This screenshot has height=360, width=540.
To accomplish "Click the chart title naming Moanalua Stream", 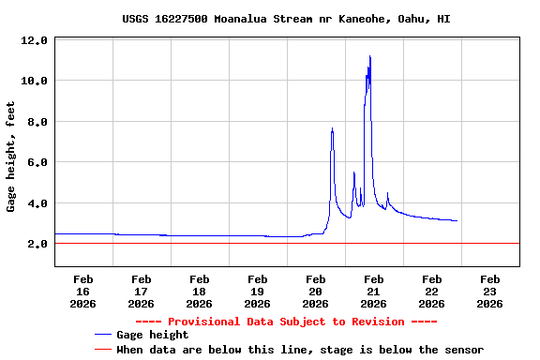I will pos(286,19).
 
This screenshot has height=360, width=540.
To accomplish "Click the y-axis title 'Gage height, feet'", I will pos(11,157).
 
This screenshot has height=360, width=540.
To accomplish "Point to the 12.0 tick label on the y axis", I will pos(35,40).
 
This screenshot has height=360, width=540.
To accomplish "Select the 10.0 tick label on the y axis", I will pos(35,82).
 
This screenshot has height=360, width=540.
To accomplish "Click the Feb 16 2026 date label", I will pos(82,291).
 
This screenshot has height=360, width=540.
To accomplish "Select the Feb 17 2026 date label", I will pos(141,291).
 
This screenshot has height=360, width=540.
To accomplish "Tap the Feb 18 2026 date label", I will pos(199,291).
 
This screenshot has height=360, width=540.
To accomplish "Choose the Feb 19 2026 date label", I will pos(257,291).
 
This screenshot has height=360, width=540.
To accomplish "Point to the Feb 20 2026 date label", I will pos(315,291).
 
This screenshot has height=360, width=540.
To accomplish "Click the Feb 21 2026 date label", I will pos(373,291).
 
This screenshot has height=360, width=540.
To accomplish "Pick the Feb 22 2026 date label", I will pos(431,291).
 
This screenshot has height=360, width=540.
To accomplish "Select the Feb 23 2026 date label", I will pos(489,291).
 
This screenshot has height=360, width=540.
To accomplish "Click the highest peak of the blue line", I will pos(370,56).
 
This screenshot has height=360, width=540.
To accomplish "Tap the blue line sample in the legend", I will pos(103,335).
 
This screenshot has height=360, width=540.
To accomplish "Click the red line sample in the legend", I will pos(103,350).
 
